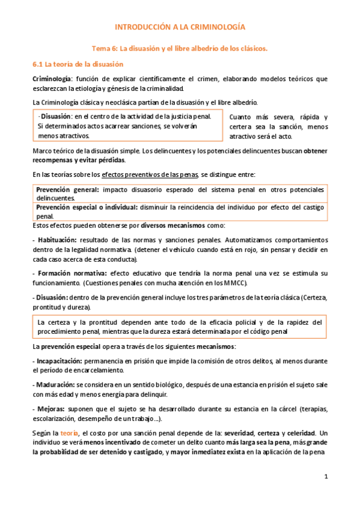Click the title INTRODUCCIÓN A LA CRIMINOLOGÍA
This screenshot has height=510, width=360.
pyautogui.click(x=180, y=28)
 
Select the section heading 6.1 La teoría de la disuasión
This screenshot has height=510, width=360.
pyautogui.click(x=77, y=64)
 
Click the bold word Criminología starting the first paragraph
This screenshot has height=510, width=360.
pyautogui.click(x=52, y=79)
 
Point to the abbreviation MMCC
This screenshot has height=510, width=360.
pyautogui.click(x=234, y=283)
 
